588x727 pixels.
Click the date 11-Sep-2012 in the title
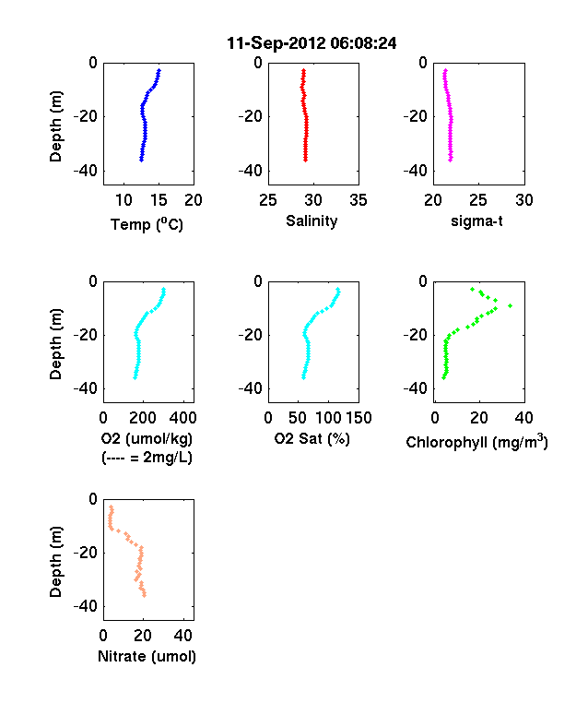[276, 43]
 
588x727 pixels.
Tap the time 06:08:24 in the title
[363, 43]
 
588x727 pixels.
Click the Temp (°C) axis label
[147, 224]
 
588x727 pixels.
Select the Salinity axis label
[312, 221]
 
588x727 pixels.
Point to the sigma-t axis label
[476, 221]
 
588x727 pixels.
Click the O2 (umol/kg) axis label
[147, 438]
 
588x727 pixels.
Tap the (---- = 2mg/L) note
[147, 458]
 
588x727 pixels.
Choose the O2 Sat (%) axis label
[312, 438]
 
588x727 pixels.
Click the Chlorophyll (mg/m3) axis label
[476, 441]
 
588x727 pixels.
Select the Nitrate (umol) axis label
[147, 657]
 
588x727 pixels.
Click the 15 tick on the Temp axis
[159, 200]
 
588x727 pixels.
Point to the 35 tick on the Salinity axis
[359, 200]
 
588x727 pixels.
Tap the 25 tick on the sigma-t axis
[477, 200]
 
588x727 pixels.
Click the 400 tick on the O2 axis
[182, 418]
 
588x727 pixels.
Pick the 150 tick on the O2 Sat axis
[359, 418]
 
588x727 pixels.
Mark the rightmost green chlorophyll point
[511, 305]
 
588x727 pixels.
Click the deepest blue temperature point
[141, 160]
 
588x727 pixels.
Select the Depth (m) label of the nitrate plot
[55, 562]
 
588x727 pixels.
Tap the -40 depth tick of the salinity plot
[251, 171]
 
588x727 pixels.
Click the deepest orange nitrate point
[145, 595]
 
